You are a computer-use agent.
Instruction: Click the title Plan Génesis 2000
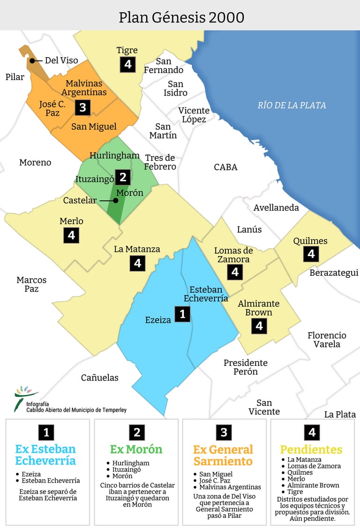point(181,17)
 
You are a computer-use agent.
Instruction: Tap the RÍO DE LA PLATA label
point(292,105)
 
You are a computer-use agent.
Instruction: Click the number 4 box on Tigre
point(127,64)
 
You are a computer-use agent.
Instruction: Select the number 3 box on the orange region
point(82,107)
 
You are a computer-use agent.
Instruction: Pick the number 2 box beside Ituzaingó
point(123,177)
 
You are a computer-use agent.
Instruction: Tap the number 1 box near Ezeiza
point(182,313)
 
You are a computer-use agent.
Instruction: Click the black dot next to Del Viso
point(32,61)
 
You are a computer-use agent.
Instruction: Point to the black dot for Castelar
point(116,201)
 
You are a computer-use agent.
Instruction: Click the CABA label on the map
point(225,167)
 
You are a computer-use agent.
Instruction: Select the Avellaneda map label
point(276,207)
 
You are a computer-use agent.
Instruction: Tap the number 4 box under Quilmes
point(311,254)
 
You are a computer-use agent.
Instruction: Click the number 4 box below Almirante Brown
point(259,326)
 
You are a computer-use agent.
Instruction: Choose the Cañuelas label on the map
point(100,378)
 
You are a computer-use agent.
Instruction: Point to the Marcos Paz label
point(31,284)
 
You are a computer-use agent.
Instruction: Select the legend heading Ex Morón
point(136,449)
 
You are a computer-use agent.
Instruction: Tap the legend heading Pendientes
point(311,449)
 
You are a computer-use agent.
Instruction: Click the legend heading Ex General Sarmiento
point(223,455)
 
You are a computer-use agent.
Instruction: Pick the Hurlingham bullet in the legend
point(109,463)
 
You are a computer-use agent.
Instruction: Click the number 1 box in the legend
point(46,432)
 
